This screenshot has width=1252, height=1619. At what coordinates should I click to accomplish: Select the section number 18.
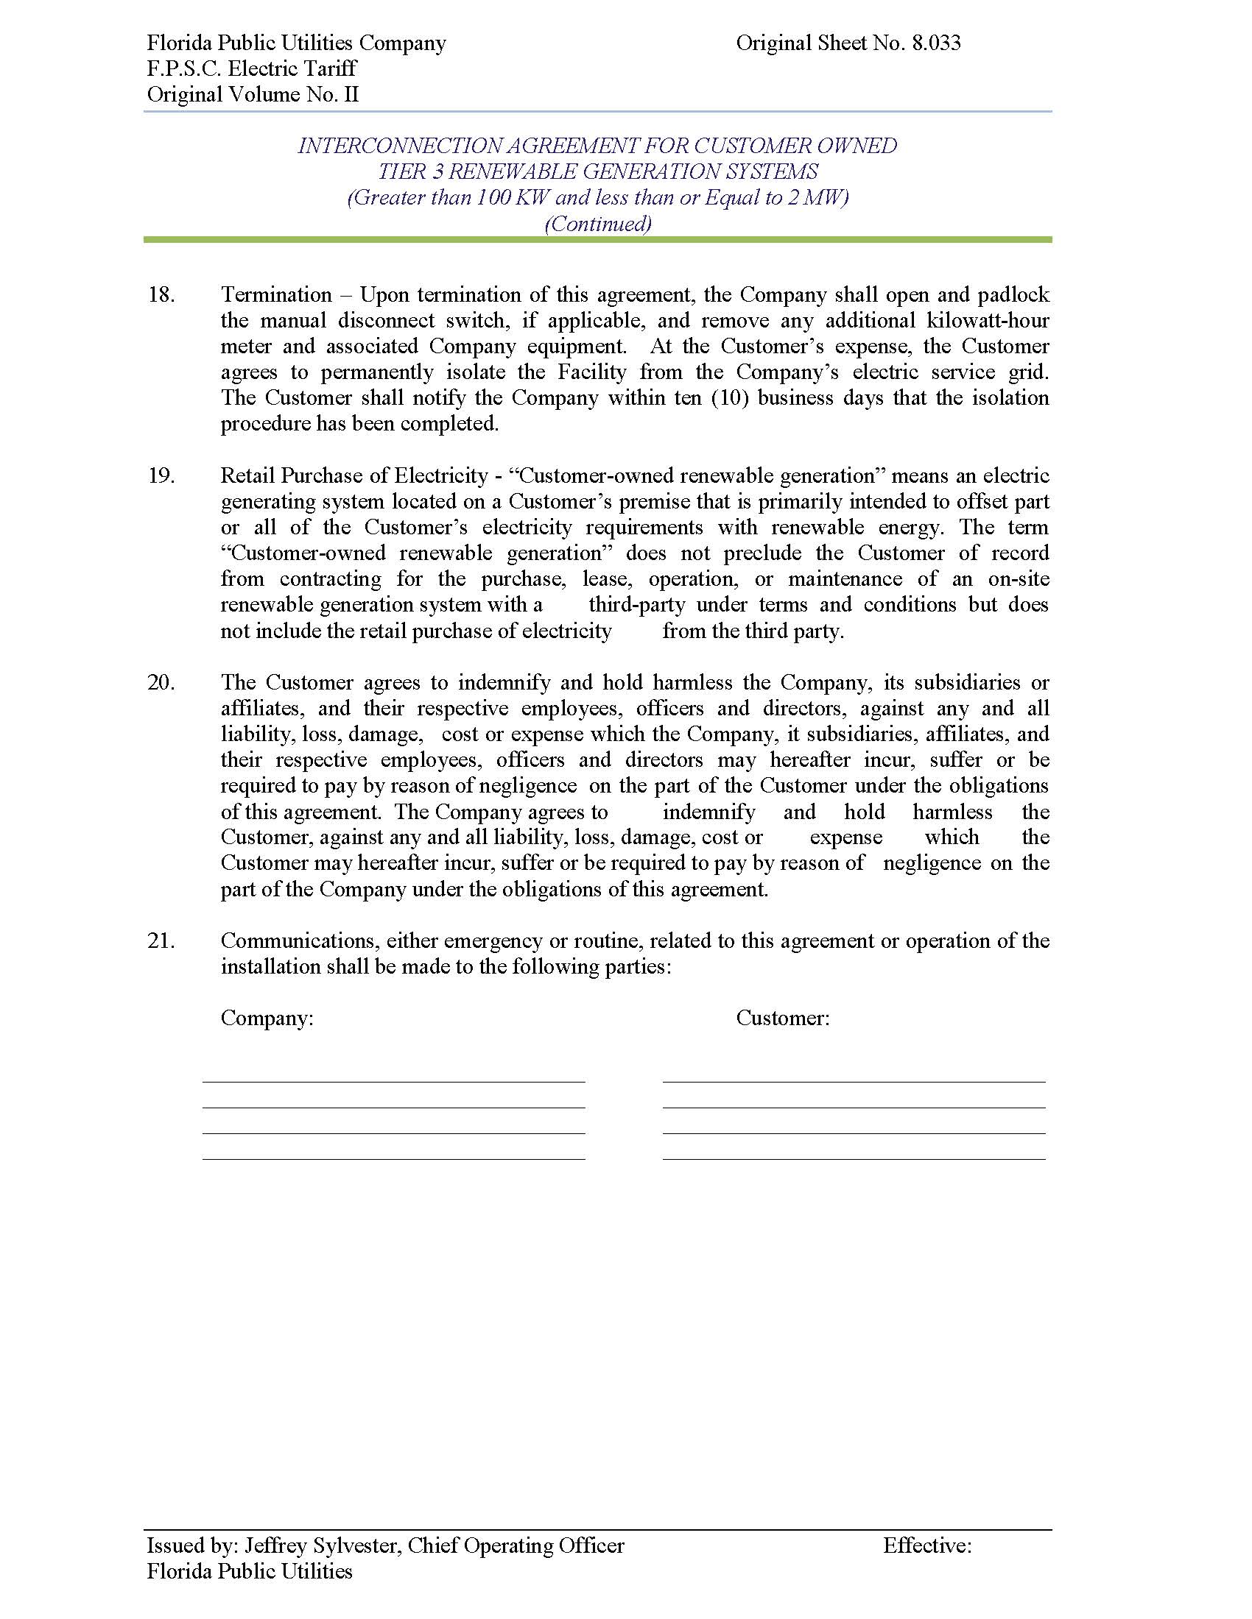click(162, 295)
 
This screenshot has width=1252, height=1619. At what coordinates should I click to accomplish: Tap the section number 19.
click(162, 476)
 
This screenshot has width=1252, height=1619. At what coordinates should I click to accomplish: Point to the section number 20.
click(162, 683)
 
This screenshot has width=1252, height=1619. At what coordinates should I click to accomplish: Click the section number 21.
click(162, 940)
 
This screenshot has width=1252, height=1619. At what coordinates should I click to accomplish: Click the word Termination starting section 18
click(276, 295)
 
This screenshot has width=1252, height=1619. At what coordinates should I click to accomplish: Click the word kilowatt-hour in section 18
click(988, 321)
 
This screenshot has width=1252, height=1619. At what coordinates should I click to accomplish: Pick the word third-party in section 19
click(636, 605)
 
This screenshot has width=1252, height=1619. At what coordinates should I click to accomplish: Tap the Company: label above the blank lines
click(267, 1018)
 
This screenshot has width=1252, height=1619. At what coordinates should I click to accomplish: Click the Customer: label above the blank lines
click(782, 1018)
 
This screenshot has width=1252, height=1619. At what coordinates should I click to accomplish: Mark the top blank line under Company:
click(393, 1082)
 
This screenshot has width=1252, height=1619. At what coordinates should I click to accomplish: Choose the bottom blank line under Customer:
click(854, 1158)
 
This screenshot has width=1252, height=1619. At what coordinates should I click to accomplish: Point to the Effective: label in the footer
click(927, 1545)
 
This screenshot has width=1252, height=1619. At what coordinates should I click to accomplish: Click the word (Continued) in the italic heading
click(598, 224)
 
